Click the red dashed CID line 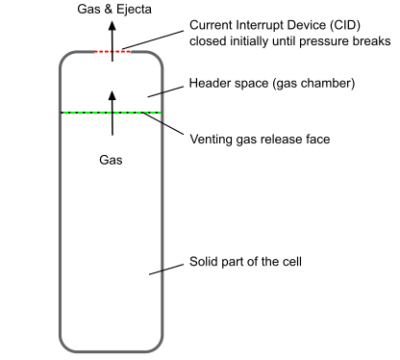(112, 52)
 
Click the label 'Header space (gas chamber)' (272, 84)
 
